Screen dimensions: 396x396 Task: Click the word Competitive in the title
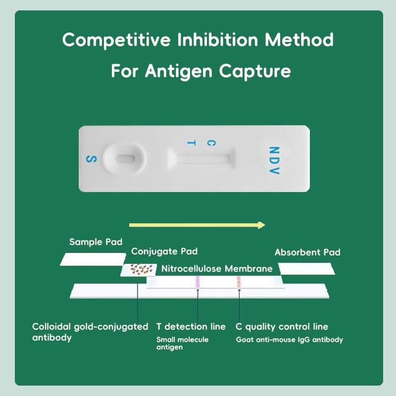(116, 40)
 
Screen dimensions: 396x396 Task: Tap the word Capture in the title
(255, 71)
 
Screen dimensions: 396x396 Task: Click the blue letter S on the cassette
(91, 159)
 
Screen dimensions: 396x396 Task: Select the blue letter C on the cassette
(211, 143)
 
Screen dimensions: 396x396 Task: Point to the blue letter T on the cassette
(191, 143)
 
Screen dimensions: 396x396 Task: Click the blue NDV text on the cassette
(274, 160)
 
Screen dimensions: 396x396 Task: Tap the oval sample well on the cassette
(125, 159)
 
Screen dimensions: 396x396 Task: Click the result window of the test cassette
(201, 159)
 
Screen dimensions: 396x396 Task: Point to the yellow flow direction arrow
(197, 225)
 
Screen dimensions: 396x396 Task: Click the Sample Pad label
(96, 242)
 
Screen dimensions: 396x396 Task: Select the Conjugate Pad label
(164, 251)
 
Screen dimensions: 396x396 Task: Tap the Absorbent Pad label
(307, 252)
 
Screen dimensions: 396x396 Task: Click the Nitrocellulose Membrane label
(217, 268)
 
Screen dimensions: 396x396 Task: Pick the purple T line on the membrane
(198, 282)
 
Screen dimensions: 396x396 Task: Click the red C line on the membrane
(239, 282)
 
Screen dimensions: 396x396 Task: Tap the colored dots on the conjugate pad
(141, 269)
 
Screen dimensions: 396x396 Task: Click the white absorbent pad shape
(306, 269)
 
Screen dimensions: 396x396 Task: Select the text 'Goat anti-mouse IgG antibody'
(290, 340)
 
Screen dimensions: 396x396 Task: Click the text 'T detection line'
(191, 327)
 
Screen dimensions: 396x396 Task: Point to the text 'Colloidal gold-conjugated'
(90, 327)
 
